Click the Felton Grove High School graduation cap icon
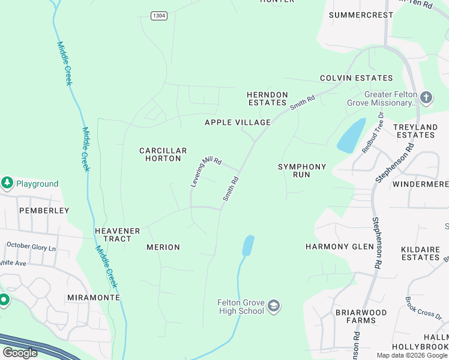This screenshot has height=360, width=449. (274, 307)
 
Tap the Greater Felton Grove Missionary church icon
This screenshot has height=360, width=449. (426, 97)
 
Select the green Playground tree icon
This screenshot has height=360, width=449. (7, 183)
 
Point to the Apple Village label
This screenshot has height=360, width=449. (238, 122)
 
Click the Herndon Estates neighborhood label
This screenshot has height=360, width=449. (268, 99)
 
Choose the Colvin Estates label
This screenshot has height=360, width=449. (356, 78)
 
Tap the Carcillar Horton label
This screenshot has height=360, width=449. (163, 155)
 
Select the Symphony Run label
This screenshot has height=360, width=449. (302, 170)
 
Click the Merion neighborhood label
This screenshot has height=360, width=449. (163, 247)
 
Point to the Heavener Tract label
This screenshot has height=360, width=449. (117, 235)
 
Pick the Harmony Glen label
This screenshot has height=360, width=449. (335, 247)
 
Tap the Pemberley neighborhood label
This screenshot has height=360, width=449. (44, 211)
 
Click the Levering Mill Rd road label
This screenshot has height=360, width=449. (206, 172)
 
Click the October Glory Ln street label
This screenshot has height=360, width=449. (31, 246)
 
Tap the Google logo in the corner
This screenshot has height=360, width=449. (20, 353)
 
